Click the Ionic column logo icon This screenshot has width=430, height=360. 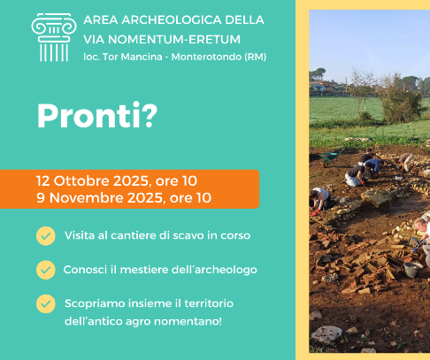[x=54, y=37]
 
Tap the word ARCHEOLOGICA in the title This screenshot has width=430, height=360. [x=172, y=20]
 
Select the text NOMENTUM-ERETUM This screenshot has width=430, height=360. [x=174, y=40]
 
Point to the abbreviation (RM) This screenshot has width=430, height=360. [x=256, y=57]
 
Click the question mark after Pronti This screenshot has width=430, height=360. [x=150, y=116]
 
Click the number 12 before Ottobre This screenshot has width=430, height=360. [x=43, y=181]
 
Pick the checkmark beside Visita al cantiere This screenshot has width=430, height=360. [x=46, y=236]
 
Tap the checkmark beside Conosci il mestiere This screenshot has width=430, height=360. [x=46, y=270]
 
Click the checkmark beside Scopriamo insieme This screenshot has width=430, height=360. [x=46, y=303]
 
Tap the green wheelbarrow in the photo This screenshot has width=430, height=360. [x=331, y=157]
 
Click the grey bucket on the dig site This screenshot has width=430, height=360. [x=412, y=270]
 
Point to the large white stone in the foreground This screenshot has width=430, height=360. [x=326, y=335]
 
